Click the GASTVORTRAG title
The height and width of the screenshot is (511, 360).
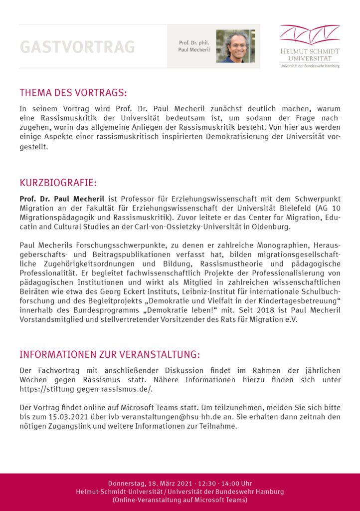(x=77, y=46)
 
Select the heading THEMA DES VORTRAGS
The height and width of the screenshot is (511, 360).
(x=73, y=93)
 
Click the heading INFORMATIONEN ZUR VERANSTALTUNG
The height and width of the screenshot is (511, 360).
(x=110, y=355)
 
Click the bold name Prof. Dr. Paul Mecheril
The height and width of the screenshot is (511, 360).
(x=62, y=199)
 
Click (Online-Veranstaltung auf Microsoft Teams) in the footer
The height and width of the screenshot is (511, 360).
(x=180, y=500)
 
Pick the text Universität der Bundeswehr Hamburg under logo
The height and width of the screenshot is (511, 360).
(x=310, y=66)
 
